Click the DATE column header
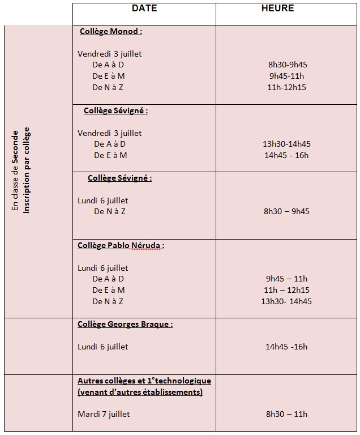click(x=144, y=8)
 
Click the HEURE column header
click(x=277, y=8)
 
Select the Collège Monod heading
click(x=111, y=32)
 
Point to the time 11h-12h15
click(x=286, y=87)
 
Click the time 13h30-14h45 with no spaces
click(x=286, y=144)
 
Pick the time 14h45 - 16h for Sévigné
click(x=286, y=155)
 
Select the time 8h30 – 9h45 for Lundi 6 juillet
click(x=286, y=211)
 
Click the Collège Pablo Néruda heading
click(x=121, y=245)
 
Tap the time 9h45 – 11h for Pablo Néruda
click(x=286, y=279)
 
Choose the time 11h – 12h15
click(x=286, y=290)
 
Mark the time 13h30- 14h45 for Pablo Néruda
click(x=286, y=301)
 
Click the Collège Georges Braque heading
click(x=125, y=325)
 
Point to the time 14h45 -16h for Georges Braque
click(x=286, y=347)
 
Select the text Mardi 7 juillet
click(x=104, y=414)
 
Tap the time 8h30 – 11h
click(x=286, y=414)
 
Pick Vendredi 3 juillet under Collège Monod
click(x=109, y=54)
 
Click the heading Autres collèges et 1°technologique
click(x=144, y=381)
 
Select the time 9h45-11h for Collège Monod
click(x=286, y=76)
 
